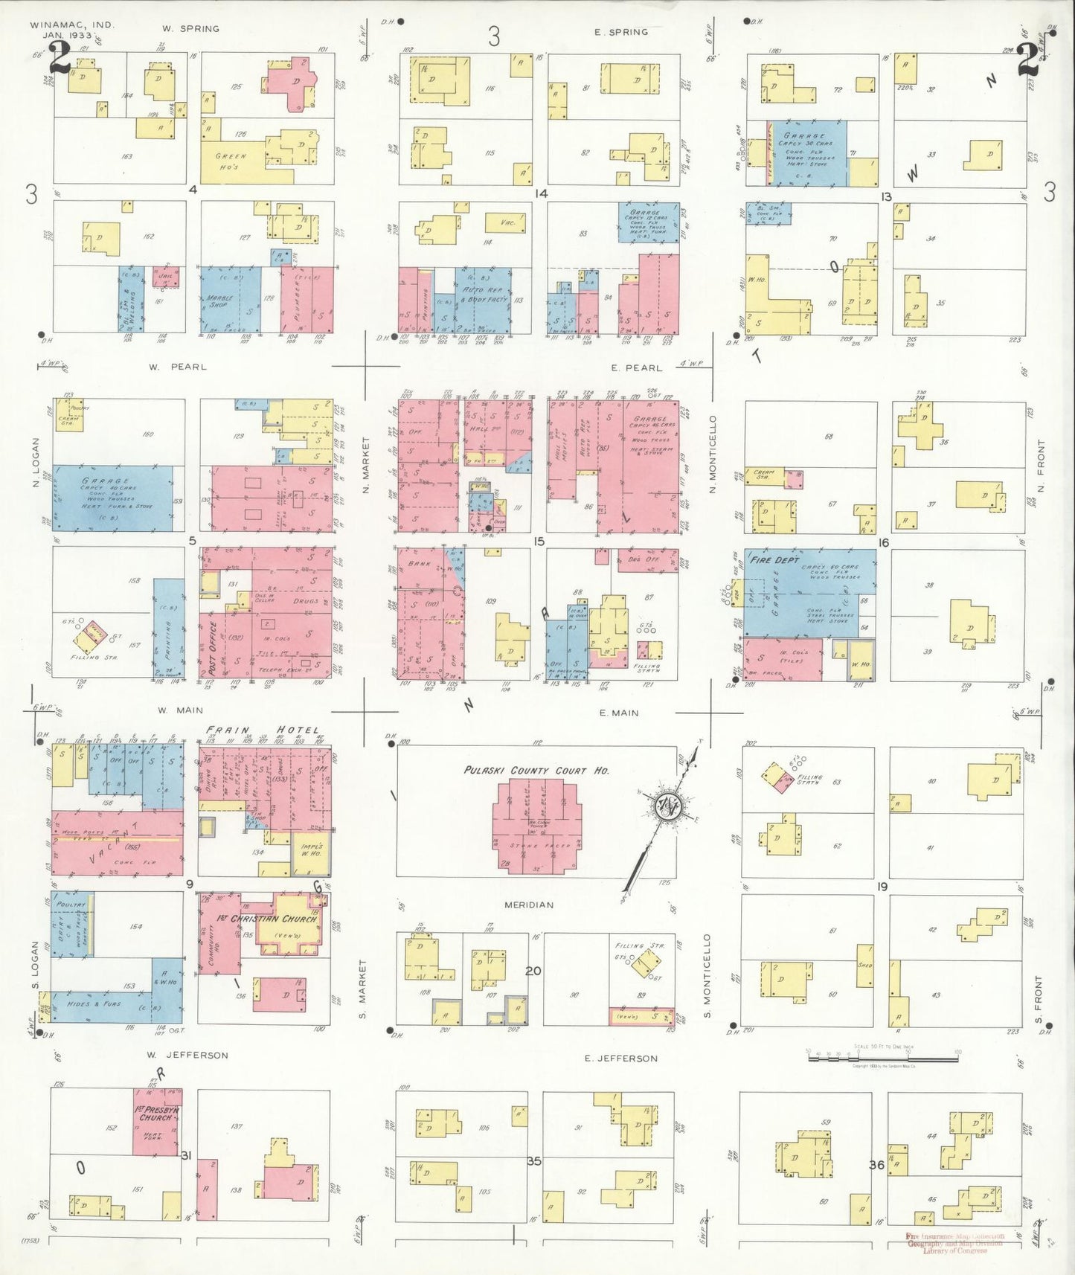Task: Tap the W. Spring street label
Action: click(191, 29)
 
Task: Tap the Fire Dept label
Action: click(774, 559)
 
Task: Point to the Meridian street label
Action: click(529, 905)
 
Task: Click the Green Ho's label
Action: click(231, 161)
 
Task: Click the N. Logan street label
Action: click(35, 473)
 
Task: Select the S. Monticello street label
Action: click(707, 975)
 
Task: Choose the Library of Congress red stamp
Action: click(954, 1243)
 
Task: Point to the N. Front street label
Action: click(1040, 466)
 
